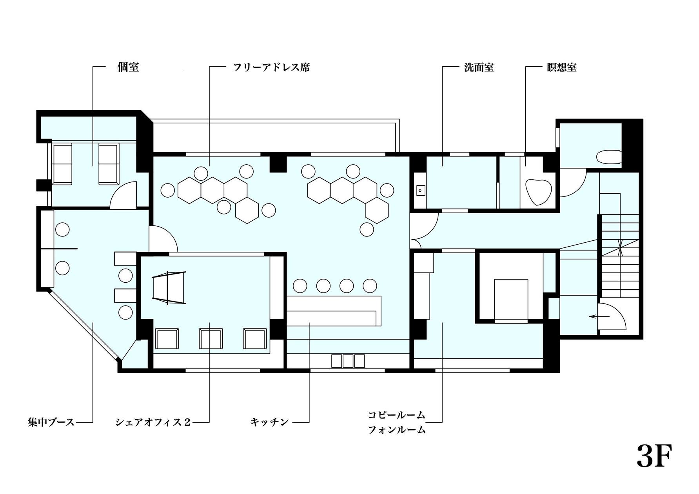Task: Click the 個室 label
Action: tap(128, 67)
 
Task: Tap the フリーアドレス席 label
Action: tap(271, 67)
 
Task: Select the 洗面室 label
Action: tap(479, 67)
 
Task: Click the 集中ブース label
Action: tap(51, 422)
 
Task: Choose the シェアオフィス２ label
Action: tap(153, 422)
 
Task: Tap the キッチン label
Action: tap(270, 422)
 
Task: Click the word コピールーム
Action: tap(396, 415)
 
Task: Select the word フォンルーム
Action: tap(396, 430)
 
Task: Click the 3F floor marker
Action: tap(654, 456)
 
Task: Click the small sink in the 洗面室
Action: tap(421, 191)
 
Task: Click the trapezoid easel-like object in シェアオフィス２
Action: tap(169, 288)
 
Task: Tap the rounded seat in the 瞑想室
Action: tap(539, 192)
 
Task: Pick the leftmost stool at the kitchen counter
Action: tap(300, 286)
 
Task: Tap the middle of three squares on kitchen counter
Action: tap(348, 361)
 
